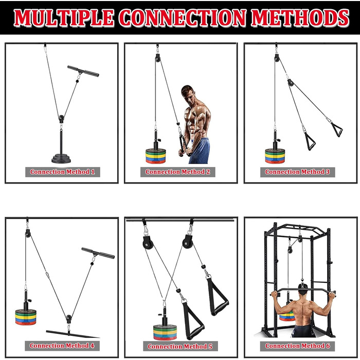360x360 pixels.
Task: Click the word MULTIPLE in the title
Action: [x=64, y=17]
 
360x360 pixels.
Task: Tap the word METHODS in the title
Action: [x=300, y=17]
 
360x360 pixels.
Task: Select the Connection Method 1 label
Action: [x=62, y=172]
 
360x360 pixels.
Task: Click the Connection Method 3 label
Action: [x=297, y=172]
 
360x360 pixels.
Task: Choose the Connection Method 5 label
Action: [x=180, y=346]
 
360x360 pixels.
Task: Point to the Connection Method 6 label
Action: [x=298, y=346]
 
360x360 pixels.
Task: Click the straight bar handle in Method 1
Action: [x=83, y=71]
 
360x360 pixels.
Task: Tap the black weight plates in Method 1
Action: [x=61, y=158]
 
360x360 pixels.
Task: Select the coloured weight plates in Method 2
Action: [x=156, y=156]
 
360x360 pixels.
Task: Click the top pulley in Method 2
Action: [x=157, y=58]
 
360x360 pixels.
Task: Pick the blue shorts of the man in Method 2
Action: [x=200, y=151]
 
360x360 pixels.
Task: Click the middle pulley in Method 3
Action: [x=291, y=83]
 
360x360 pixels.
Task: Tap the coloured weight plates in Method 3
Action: [x=275, y=156]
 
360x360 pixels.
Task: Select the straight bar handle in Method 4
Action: [x=98, y=253]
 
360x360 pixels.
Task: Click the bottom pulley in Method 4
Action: [x=68, y=319]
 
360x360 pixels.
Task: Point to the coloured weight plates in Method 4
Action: [x=26, y=317]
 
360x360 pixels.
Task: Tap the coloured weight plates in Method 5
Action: [x=165, y=332]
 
